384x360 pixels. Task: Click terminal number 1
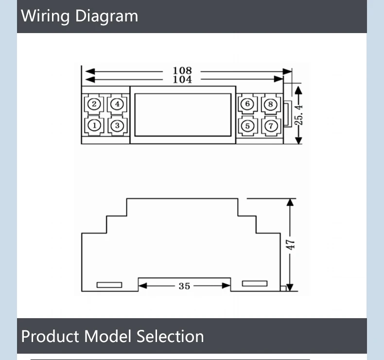[x=95, y=126]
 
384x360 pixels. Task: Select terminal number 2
[x=95, y=104]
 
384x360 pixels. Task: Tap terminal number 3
[x=117, y=126]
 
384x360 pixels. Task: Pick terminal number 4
[x=117, y=104]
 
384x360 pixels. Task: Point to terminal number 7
[x=270, y=126]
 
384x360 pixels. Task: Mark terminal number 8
[x=270, y=104]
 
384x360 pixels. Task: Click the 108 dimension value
[x=182, y=71]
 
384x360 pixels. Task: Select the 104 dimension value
[x=182, y=79]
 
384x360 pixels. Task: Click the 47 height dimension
[x=291, y=244]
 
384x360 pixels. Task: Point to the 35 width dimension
[x=184, y=286]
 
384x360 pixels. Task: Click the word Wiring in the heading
[x=46, y=16]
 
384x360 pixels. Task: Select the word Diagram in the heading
[x=106, y=16]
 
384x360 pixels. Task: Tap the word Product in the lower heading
[x=51, y=336]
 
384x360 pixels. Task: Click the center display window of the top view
[x=182, y=114]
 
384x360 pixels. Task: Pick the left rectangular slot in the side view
[x=109, y=285]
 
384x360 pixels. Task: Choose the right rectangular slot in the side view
[x=255, y=283]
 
